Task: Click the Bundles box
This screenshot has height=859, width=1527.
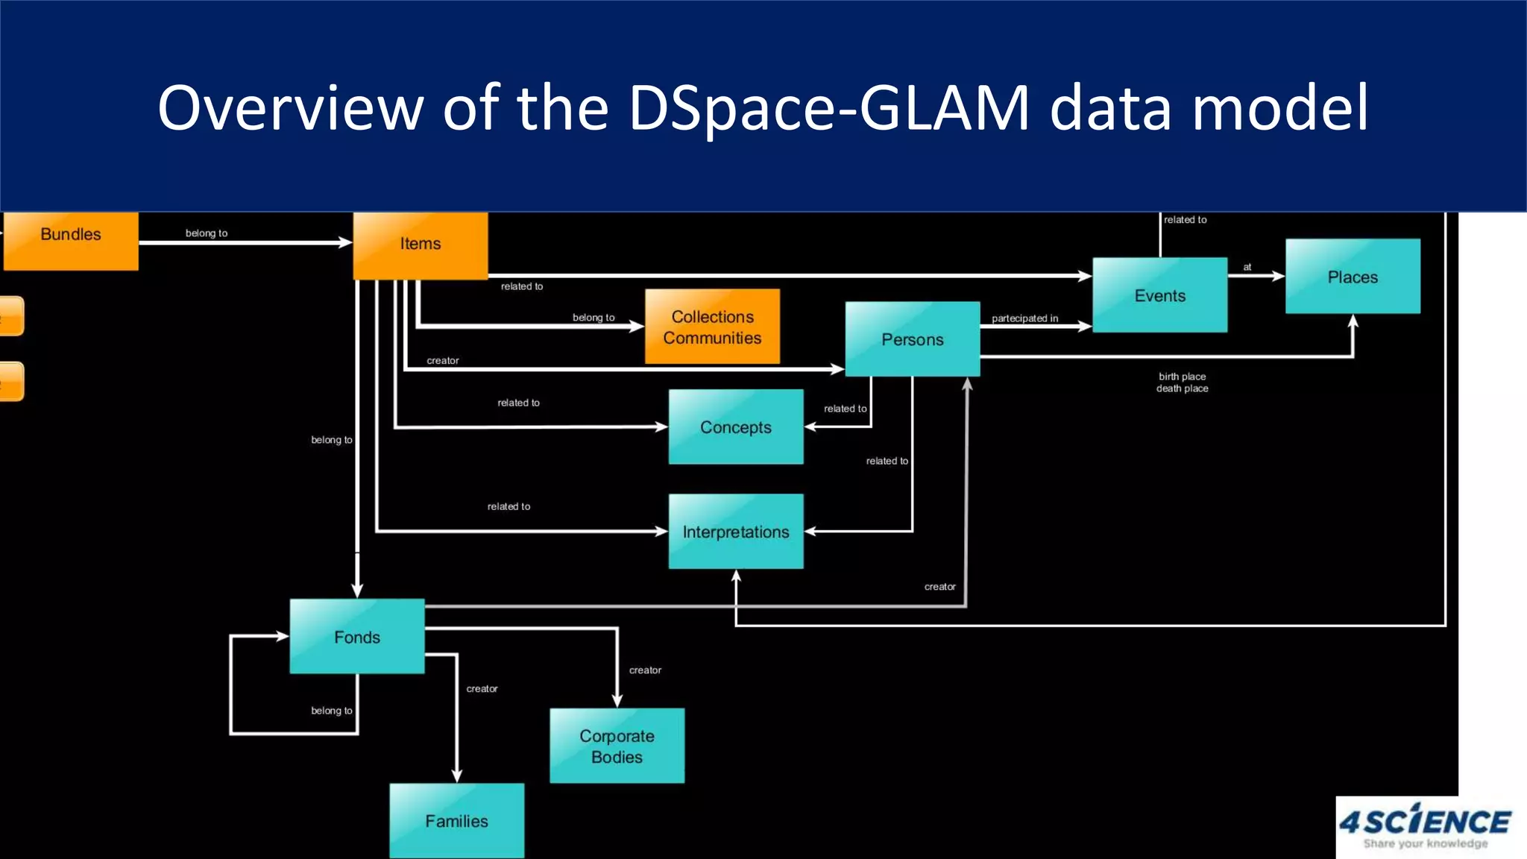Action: [x=71, y=239]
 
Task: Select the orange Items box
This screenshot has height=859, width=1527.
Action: [x=421, y=245]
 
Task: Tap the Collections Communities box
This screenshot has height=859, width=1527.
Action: [x=712, y=327]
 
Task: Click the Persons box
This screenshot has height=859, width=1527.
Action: [x=913, y=339]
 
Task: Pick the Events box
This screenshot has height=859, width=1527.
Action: [x=1159, y=295]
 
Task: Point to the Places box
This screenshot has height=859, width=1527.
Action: [x=1353, y=277]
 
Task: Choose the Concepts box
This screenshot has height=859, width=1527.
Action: [x=736, y=427]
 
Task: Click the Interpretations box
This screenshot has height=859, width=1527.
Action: [x=736, y=532]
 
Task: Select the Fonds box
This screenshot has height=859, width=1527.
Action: [x=357, y=637]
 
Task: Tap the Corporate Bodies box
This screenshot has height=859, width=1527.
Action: [x=617, y=746]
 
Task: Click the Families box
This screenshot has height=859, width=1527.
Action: [x=456, y=820]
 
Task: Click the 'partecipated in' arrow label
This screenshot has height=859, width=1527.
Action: [x=1024, y=318]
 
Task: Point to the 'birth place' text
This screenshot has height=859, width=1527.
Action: [x=1182, y=377]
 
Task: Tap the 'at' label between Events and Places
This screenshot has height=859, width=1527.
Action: [x=1247, y=267]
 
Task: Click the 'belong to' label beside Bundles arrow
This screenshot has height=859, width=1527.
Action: [x=207, y=233]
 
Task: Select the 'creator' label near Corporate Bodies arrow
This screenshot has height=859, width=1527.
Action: [x=645, y=670]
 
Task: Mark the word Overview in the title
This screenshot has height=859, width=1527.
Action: [x=290, y=108]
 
